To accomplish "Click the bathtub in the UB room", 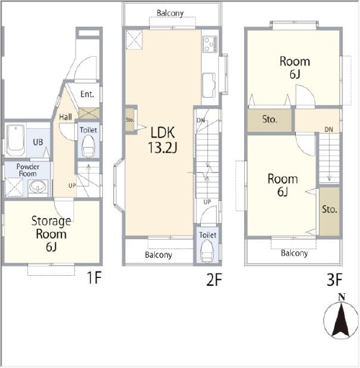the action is (15, 140).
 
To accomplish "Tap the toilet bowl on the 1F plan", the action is (88, 146).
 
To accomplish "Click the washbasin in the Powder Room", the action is (37, 187).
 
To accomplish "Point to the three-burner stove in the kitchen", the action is (210, 44).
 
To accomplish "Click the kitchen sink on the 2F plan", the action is (209, 85).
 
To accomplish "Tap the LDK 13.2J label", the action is (163, 140).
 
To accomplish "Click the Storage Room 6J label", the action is (51, 233).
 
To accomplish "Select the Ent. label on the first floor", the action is (87, 94).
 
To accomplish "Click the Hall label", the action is (66, 117).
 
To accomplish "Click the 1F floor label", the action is (94, 278).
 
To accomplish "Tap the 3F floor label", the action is (334, 279).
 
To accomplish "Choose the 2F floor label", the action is (214, 279).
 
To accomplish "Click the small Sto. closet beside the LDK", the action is (130, 120).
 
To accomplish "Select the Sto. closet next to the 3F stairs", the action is (329, 211).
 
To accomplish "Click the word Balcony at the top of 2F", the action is (170, 13).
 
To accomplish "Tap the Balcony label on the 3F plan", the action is (294, 253).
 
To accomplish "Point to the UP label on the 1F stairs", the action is (72, 186).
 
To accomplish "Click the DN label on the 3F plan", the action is (329, 130).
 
